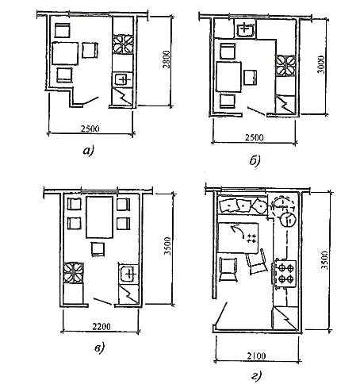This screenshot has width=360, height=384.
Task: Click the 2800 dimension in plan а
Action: tap(167, 59)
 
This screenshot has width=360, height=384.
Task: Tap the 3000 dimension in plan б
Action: tap(321, 64)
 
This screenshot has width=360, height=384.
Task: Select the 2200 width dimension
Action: tap(101, 327)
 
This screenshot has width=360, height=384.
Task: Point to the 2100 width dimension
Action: tap(256, 356)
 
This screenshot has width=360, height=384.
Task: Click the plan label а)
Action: tap(88, 151)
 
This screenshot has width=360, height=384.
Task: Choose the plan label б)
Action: tap(255, 160)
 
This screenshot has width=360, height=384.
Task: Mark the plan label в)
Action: tap(99, 348)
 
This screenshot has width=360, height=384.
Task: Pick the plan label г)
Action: tap(255, 376)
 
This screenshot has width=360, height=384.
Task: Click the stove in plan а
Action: tap(124, 44)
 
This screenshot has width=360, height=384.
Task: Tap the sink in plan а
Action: tap(123, 79)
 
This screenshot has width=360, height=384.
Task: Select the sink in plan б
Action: tap(246, 29)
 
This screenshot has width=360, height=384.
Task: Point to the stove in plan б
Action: tap(285, 65)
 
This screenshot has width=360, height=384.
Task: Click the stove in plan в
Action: tap(74, 273)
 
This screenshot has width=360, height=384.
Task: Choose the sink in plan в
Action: tap(128, 274)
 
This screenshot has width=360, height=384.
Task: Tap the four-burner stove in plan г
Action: tap(285, 274)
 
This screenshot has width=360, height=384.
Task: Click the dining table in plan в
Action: tap(99, 217)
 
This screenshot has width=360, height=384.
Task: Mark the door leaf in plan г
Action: tap(221, 313)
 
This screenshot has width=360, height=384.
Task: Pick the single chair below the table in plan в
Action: tap(98, 249)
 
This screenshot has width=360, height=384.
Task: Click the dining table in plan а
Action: tap(65, 53)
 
